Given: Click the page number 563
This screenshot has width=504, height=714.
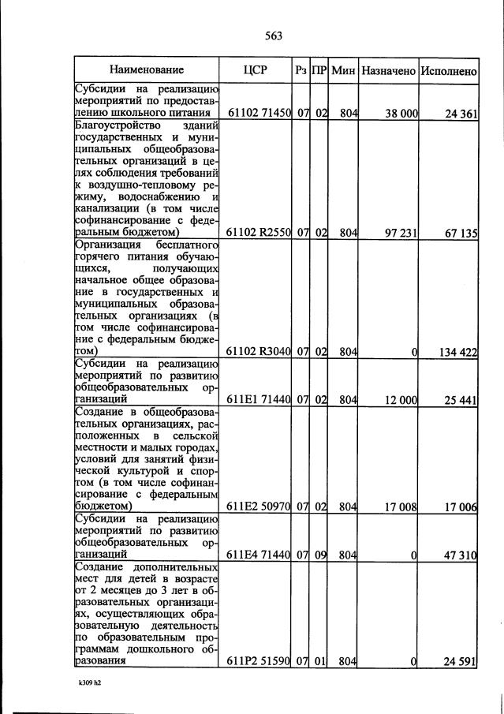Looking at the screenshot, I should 274,36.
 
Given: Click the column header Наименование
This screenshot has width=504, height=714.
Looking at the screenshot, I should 147,71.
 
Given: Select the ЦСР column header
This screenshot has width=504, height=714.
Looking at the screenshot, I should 256,71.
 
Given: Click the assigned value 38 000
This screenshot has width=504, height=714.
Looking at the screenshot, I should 401,114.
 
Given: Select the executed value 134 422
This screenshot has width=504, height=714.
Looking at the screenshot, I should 457,352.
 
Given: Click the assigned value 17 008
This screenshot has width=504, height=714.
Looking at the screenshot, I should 401,507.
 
